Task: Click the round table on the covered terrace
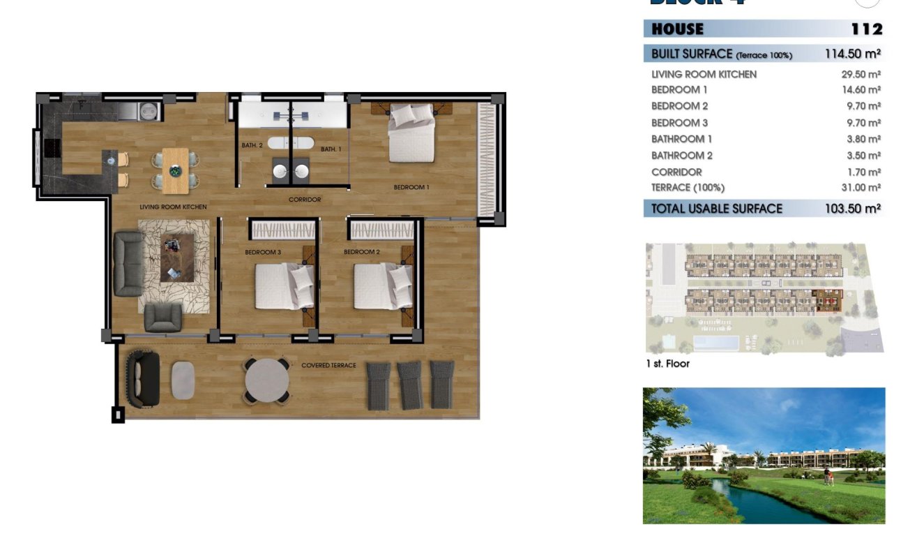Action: coord(266,380)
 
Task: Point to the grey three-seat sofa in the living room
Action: coord(128,265)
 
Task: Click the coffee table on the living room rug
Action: coord(177,257)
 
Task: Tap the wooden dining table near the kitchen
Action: coord(174,169)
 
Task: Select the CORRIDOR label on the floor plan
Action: coord(305,200)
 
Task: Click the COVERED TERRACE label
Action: coord(328,365)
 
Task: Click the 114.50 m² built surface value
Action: coord(852,54)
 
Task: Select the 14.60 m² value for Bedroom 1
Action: coord(861,90)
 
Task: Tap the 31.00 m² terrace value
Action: coord(861,188)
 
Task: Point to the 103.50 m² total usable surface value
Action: coord(852,209)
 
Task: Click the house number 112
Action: coord(867,29)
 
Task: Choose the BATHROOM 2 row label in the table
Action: coord(682,156)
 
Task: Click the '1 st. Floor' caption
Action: coord(667,364)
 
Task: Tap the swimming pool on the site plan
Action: coord(716,343)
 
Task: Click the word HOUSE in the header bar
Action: coord(677,29)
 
